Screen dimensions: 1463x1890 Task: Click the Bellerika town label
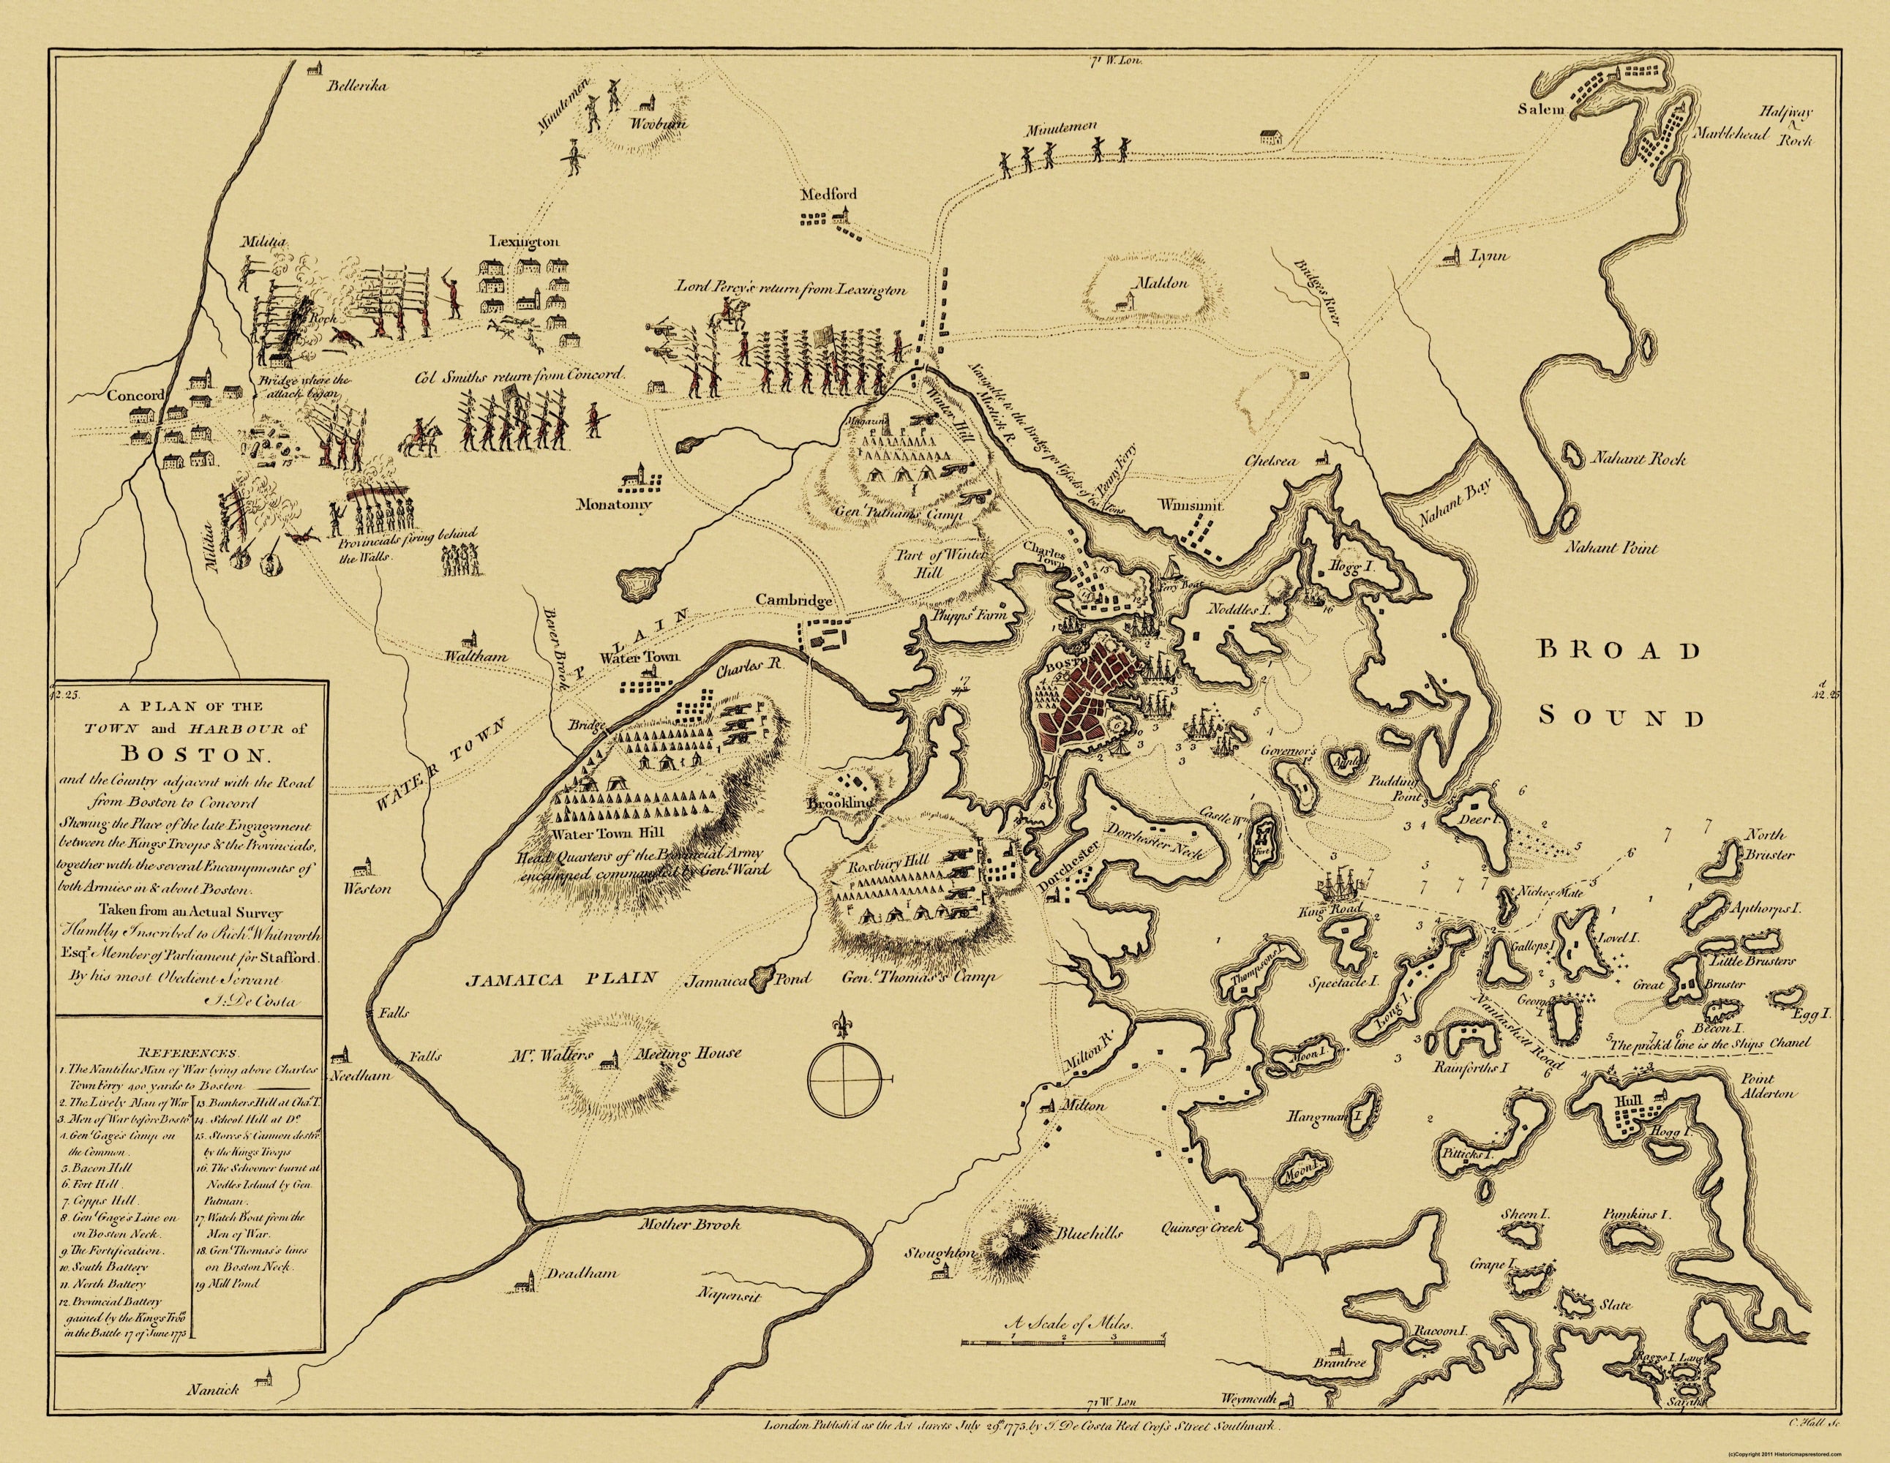click(357, 85)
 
